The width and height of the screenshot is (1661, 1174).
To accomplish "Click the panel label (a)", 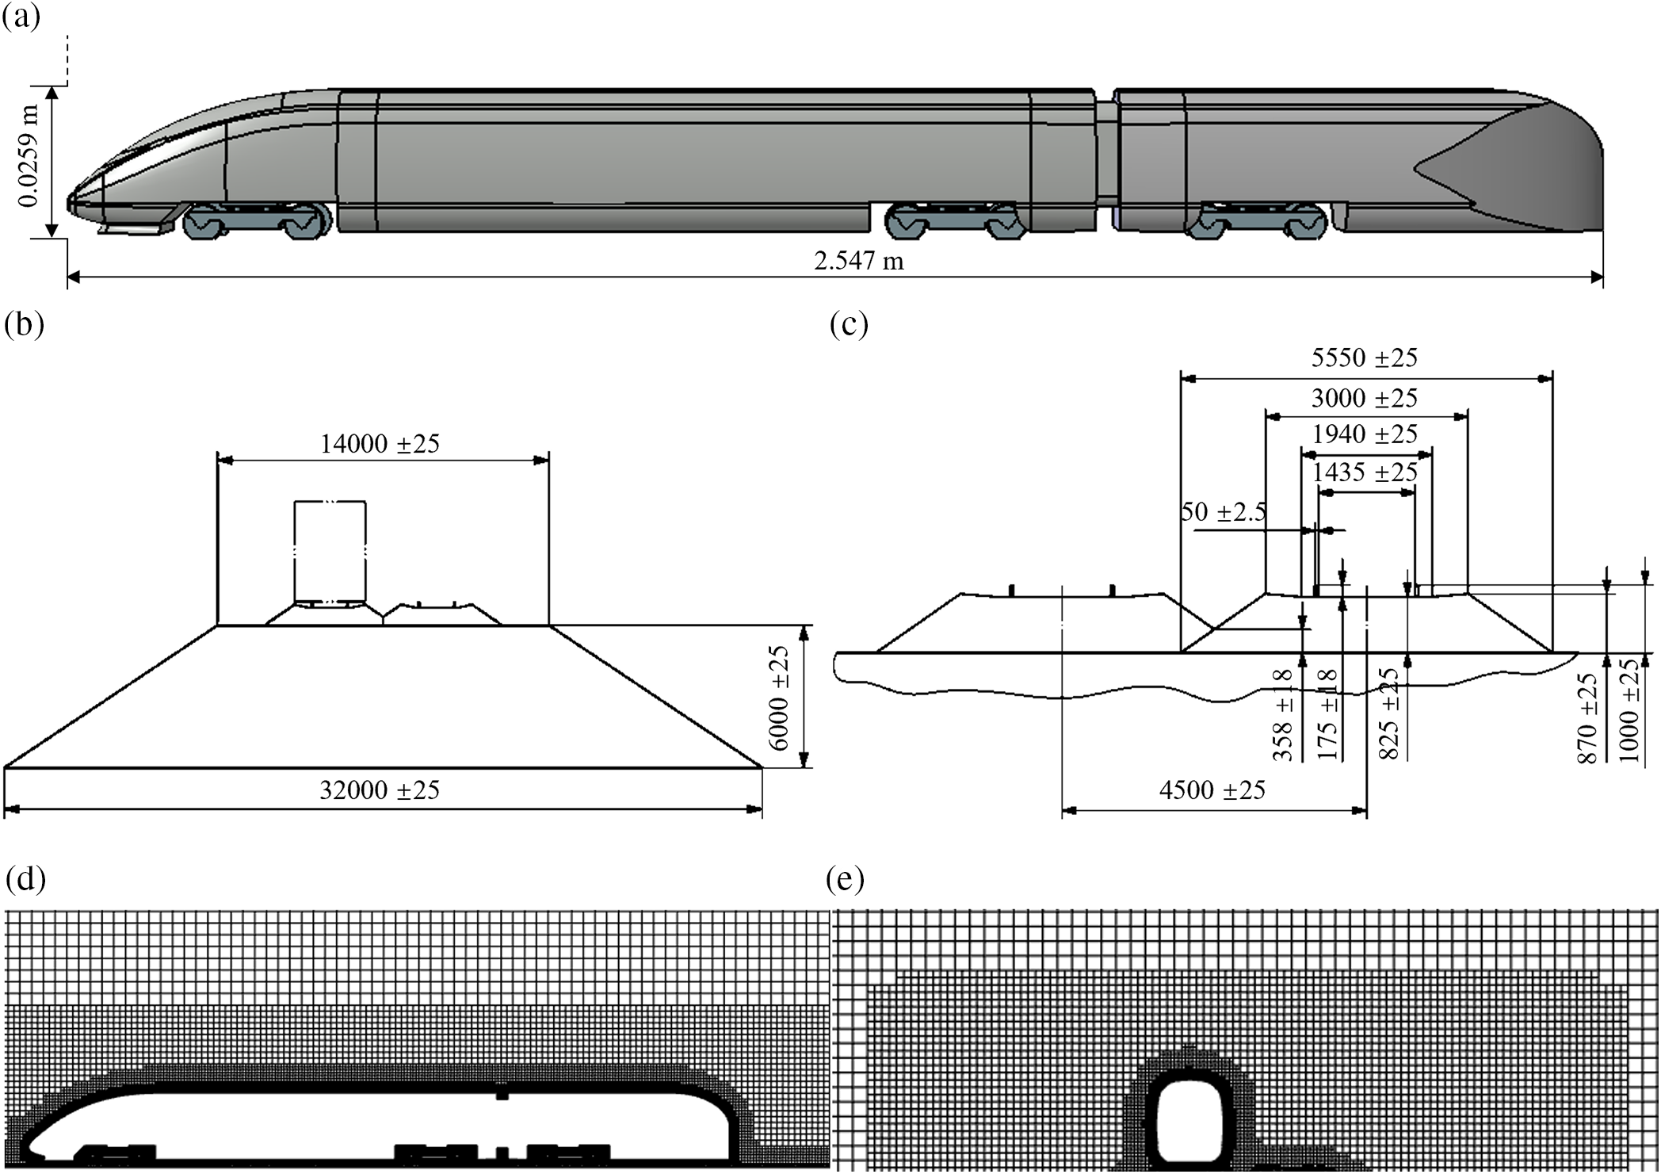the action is pyautogui.click(x=21, y=17).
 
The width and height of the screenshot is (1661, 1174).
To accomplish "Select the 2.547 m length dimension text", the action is pyautogui.click(x=858, y=261).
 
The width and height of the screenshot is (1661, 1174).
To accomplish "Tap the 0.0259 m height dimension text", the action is pyautogui.click(x=29, y=156).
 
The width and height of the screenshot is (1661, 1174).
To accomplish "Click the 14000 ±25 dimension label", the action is pyautogui.click(x=380, y=444).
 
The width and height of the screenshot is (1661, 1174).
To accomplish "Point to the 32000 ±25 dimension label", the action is pyautogui.click(x=380, y=790).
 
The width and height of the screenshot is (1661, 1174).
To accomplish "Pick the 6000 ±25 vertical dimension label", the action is pyautogui.click(x=780, y=698).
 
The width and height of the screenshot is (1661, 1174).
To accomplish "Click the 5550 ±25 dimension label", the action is pyautogui.click(x=1364, y=358).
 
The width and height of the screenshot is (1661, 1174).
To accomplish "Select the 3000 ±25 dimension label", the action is pyautogui.click(x=1364, y=398).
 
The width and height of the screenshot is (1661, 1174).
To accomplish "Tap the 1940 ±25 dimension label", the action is pyautogui.click(x=1364, y=434).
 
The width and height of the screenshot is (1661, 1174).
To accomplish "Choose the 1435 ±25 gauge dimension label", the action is pyautogui.click(x=1364, y=472).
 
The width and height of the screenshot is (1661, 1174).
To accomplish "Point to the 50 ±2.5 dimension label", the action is pyautogui.click(x=1224, y=512).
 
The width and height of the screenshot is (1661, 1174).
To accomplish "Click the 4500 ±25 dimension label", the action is pyautogui.click(x=1212, y=790).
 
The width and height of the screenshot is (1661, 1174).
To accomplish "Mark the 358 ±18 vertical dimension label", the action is pyautogui.click(x=1283, y=715).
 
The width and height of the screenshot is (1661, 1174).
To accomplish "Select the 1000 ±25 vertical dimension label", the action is pyautogui.click(x=1629, y=710).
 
